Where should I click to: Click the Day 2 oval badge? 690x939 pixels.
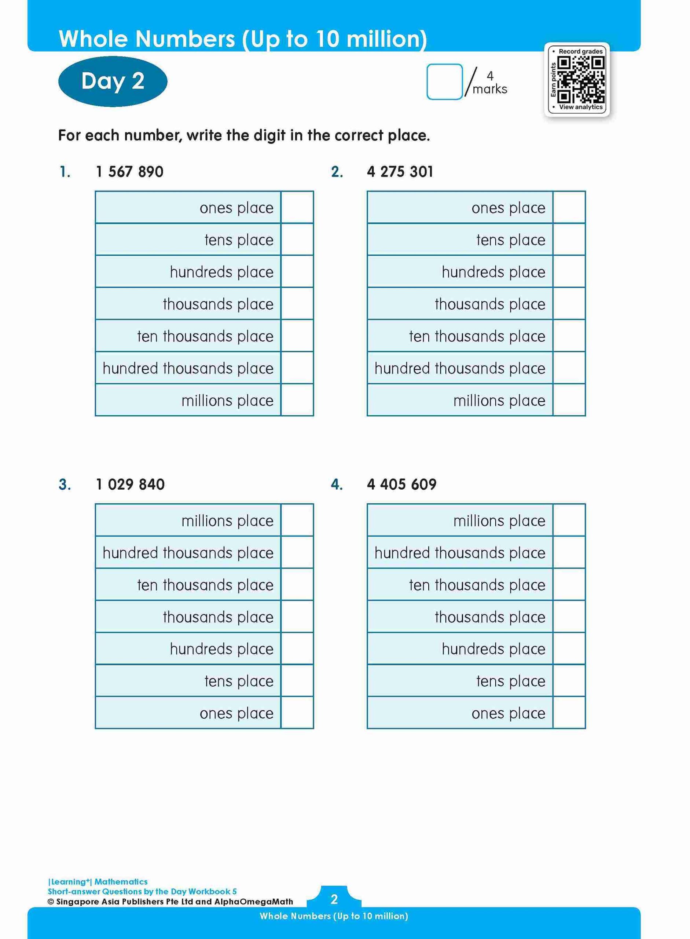pyautogui.click(x=113, y=81)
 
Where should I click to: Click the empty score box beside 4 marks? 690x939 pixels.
pyautogui.click(x=444, y=81)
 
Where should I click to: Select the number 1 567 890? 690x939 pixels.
pyautogui.click(x=129, y=172)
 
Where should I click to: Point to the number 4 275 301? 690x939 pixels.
pyautogui.click(x=400, y=172)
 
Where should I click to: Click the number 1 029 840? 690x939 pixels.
pyautogui.click(x=130, y=484)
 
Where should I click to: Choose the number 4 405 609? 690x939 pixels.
pyautogui.click(x=401, y=484)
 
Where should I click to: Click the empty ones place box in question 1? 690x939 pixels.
pyautogui.click(x=297, y=207)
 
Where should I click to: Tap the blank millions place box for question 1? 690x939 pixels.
pyautogui.click(x=297, y=400)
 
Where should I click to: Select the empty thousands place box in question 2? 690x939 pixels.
pyautogui.click(x=569, y=304)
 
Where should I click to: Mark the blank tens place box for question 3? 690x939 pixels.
pyautogui.click(x=297, y=681)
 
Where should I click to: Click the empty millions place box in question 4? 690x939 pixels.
pyautogui.click(x=569, y=520)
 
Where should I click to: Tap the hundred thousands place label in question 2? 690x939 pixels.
pyautogui.click(x=459, y=368)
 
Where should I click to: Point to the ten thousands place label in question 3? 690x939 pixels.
pyautogui.click(x=205, y=585)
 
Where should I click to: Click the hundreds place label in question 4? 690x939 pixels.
pyautogui.click(x=493, y=648)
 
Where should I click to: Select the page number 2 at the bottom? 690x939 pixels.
pyautogui.click(x=334, y=899)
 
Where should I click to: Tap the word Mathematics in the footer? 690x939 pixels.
pyautogui.click(x=121, y=881)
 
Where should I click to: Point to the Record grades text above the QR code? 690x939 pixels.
pyautogui.click(x=581, y=51)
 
